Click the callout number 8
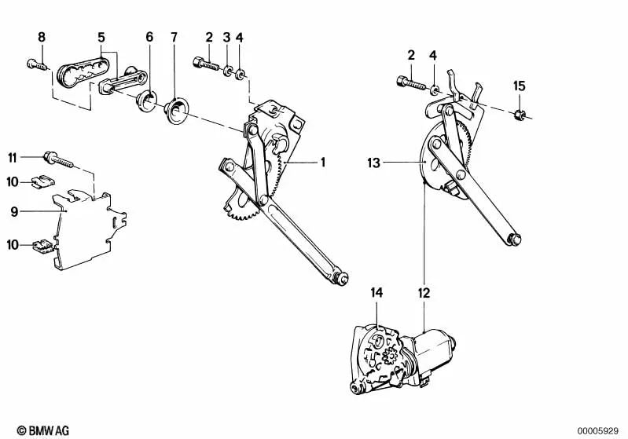(42, 36)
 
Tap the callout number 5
(101, 36)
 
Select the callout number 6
(149, 36)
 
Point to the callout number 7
(174, 36)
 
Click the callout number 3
(226, 36)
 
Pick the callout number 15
(518, 85)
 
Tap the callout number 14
(376, 293)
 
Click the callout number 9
(14, 210)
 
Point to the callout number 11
(13, 157)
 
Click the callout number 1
(322, 163)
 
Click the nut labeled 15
(519, 116)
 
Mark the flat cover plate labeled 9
(86, 228)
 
